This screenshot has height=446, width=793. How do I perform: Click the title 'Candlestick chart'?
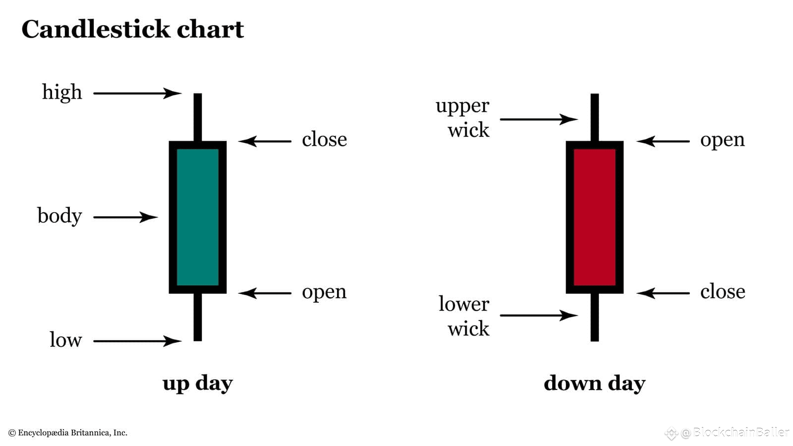(x=133, y=29)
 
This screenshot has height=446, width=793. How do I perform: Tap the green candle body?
(x=198, y=217)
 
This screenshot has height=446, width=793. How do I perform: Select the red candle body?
(x=594, y=217)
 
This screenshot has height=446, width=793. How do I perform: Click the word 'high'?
(x=62, y=92)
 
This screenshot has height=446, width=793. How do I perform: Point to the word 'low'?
(x=66, y=339)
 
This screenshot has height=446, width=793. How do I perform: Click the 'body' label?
(x=60, y=216)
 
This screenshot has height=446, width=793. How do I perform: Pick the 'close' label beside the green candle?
(x=324, y=139)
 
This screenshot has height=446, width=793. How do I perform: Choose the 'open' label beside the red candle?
(x=722, y=140)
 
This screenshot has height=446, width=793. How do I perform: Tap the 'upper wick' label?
(x=463, y=118)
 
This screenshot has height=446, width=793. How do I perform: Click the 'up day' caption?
(x=198, y=384)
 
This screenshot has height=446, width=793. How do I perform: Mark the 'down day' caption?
(x=595, y=384)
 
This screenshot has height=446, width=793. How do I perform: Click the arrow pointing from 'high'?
(x=137, y=94)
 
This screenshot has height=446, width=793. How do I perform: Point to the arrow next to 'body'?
(x=126, y=217)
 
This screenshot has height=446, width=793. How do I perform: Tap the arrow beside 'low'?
(x=137, y=341)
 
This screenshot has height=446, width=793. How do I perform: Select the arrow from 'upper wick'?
(x=539, y=119)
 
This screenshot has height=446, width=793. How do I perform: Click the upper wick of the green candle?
(x=198, y=117)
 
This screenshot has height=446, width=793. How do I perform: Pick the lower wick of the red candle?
(x=595, y=317)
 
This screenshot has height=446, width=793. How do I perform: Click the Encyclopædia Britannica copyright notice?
(x=67, y=433)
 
